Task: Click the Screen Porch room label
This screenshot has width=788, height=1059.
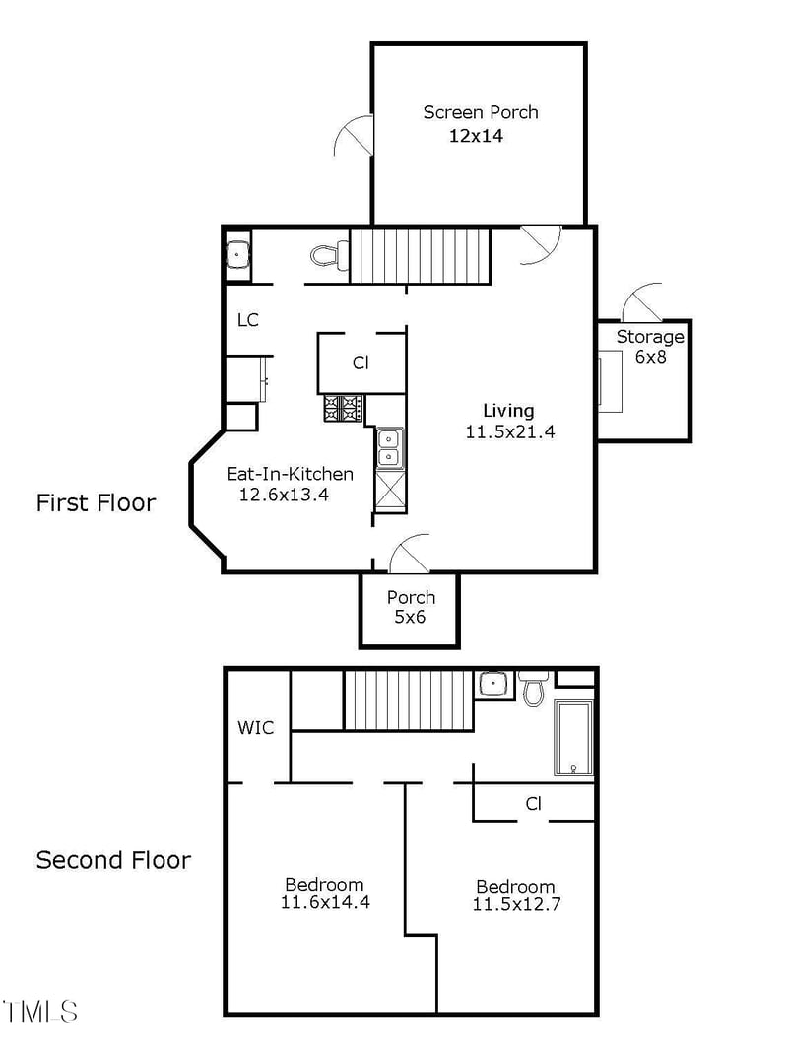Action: (x=480, y=112)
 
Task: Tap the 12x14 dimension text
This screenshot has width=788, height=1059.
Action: (x=476, y=136)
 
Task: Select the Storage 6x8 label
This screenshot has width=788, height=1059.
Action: (x=650, y=347)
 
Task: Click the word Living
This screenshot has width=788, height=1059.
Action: (x=508, y=411)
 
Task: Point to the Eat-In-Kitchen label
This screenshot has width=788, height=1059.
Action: (x=290, y=474)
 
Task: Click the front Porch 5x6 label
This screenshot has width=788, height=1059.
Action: (x=411, y=607)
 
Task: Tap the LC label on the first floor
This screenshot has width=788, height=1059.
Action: (x=248, y=320)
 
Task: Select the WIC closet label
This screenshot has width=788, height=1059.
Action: (x=256, y=728)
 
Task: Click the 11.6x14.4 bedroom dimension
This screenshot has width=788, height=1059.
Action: (x=325, y=902)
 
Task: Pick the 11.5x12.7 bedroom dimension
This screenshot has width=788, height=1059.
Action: (x=516, y=904)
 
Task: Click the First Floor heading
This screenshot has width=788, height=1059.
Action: (x=96, y=503)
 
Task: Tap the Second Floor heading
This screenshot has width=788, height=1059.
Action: (x=113, y=860)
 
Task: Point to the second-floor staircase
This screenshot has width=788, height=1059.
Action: (x=409, y=700)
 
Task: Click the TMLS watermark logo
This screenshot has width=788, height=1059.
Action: (x=40, y=1011)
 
